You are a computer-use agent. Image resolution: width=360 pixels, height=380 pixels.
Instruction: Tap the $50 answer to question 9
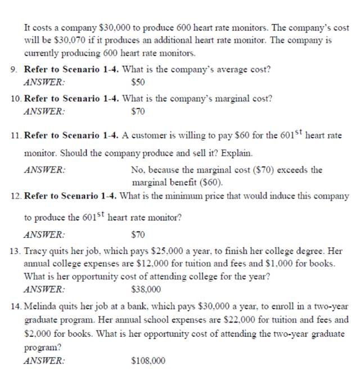(x=138, y=82)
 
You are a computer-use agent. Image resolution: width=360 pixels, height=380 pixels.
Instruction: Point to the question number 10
(x=16, y=98)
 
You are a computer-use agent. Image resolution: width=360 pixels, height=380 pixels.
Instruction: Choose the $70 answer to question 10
(x=138, y=111)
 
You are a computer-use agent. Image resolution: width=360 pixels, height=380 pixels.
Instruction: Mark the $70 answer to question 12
(x=138, y=234)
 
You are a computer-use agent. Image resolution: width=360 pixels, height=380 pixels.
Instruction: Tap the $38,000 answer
(x=146, y=289)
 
